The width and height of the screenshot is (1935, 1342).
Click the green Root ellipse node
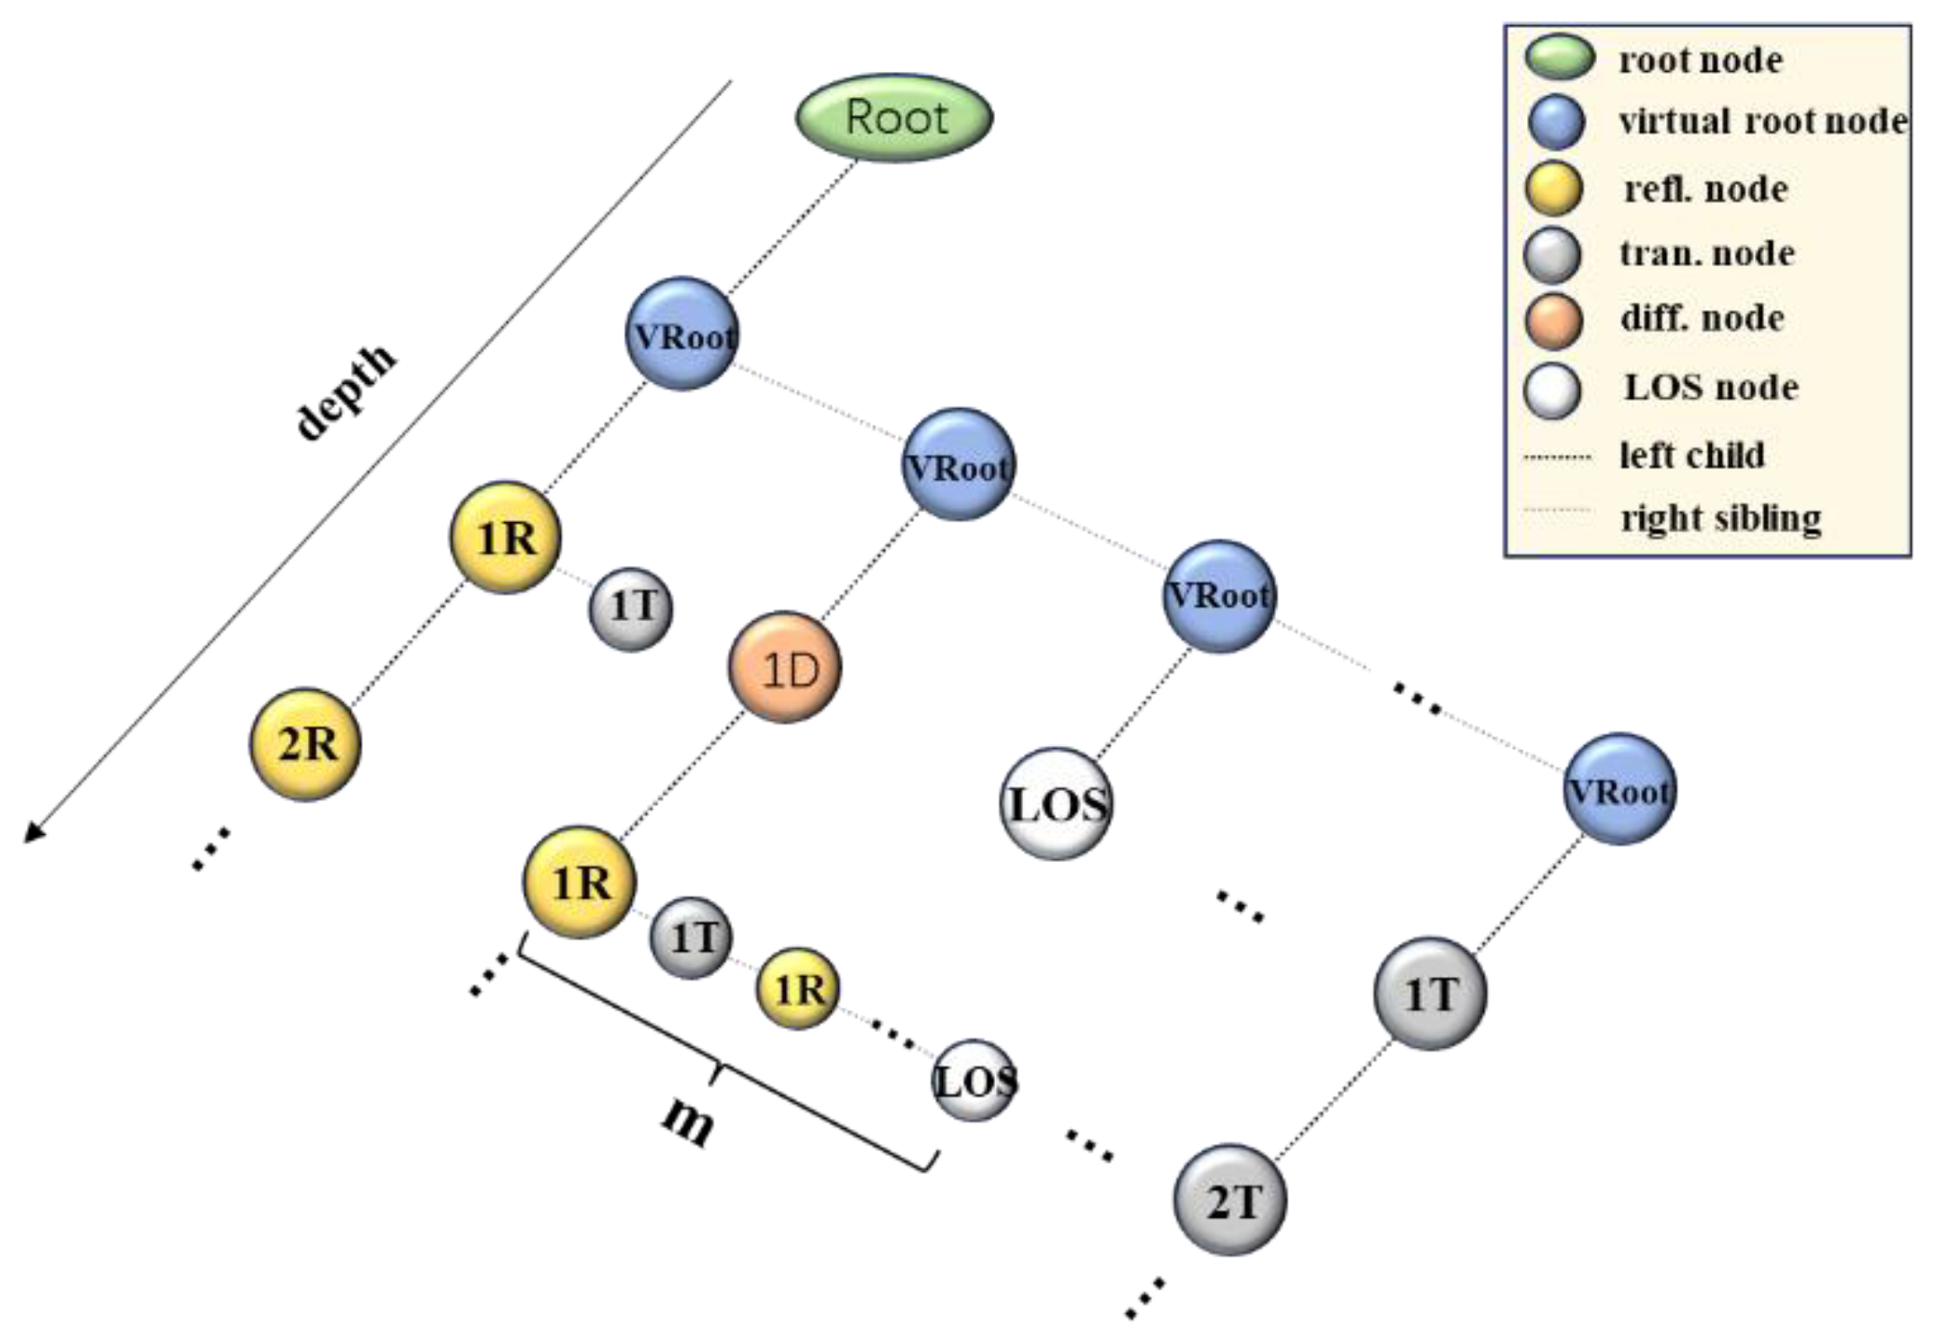(893, 118)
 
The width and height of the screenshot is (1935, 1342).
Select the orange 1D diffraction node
(784, 668)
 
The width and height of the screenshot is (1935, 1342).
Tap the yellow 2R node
(305, 744)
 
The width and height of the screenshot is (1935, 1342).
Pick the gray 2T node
(1229, 1199)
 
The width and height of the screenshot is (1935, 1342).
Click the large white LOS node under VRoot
(1057, 803)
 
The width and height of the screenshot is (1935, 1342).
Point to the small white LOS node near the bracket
(975, 1081)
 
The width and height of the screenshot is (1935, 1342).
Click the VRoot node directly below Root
(681, 333)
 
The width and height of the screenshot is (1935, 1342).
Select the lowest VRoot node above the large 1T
(1620, 789)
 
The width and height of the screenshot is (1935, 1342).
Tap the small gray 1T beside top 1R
(632, 609)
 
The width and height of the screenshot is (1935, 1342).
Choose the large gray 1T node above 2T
(1430, 993)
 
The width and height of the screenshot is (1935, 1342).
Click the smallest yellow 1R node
(798, 988)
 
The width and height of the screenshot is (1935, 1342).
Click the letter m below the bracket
(689, 1121)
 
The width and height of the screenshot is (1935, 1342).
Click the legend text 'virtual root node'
(1762, 121)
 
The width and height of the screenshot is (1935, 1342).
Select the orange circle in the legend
(1553, 319)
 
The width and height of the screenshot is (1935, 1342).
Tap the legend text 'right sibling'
(1720, 516)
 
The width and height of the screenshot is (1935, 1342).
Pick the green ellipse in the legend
(1559, 57)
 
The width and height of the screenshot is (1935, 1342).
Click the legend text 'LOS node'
(1710, 387)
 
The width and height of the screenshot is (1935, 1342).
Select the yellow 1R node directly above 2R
(505, 538)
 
